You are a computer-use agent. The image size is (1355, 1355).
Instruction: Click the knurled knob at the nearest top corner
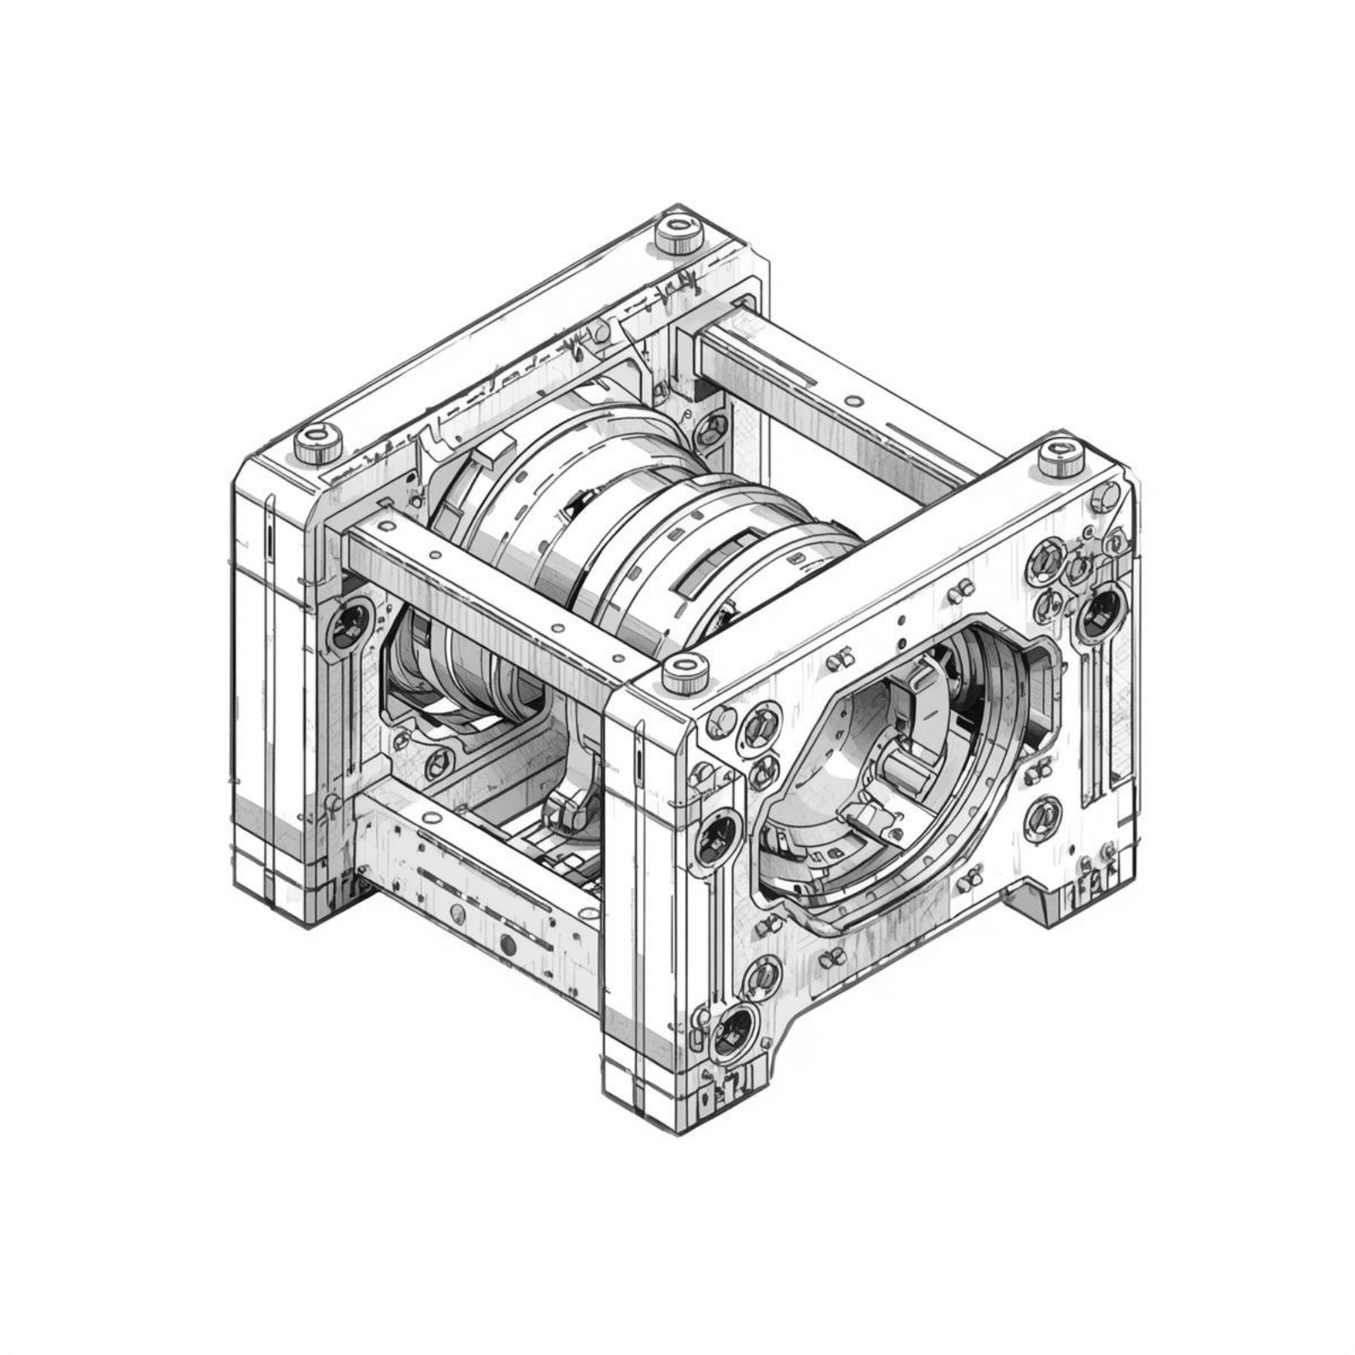coord(684,674)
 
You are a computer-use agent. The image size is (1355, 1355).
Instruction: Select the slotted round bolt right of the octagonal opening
coord(1042,815)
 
